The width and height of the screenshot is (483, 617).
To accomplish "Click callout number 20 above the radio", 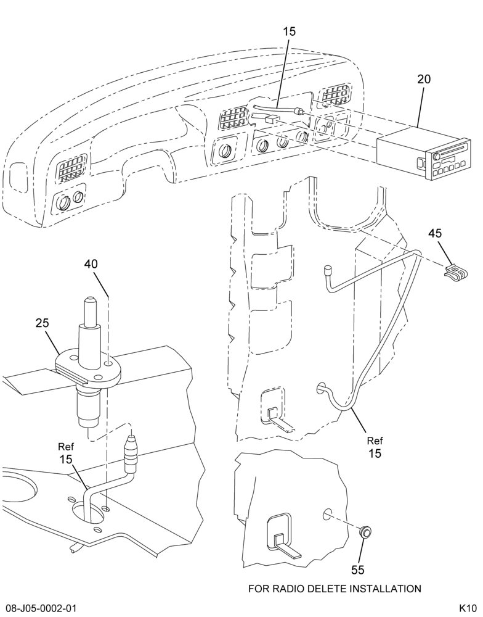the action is tap(424, 79).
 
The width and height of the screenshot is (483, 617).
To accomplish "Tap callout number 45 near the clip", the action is tap(435, 233).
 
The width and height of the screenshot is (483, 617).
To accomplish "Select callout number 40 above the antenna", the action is tap(91, 264).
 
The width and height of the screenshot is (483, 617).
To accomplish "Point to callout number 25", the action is tap(43, 323).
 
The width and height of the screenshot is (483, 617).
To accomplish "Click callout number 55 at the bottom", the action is tap(358, 569).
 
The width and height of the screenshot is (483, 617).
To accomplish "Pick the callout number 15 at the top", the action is tap(290, 31).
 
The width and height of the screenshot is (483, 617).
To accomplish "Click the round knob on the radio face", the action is tap(437, 157).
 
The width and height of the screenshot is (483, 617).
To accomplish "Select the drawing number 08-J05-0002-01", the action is tap(39, 608).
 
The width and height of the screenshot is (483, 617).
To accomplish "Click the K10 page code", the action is tap(468, 608).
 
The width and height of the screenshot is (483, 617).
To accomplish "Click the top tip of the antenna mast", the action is tap(90, 298).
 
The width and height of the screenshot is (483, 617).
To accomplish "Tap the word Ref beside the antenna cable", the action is tap(67, 447).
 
